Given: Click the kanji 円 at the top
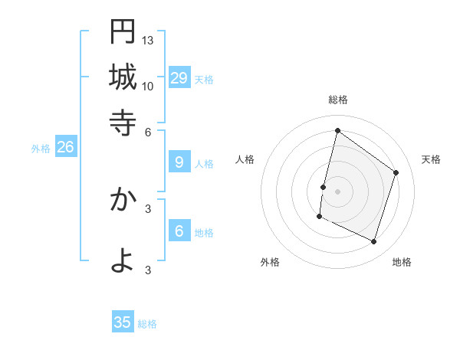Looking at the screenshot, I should click(x=123, y=31).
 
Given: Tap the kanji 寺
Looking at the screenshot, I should click(x=123, y=121).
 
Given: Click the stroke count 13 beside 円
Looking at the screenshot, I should click(x=148, y=40).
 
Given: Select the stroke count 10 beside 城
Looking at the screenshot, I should click(x=148, y=86).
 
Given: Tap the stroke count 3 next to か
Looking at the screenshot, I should click(x=148, y=208).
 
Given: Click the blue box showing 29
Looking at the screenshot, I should click(x=179, y=77).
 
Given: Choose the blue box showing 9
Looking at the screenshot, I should click(x=179, y=162).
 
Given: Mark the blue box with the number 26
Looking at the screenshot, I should click(x=65, y=148).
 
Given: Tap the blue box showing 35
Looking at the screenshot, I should click(x=123, y=322).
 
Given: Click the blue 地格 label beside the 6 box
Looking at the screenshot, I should click(x=205, y=233).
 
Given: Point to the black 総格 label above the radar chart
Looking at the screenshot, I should click(x=338, y=100).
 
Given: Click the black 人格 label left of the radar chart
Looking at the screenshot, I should click(x=245, y=159).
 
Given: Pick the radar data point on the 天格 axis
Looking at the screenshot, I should click(x=396, y=172).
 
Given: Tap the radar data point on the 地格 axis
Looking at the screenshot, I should click(x=374, y=242).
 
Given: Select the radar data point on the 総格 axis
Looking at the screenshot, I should click(x=337, y=131).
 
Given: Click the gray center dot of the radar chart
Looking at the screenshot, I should click(x=337, y=191).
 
